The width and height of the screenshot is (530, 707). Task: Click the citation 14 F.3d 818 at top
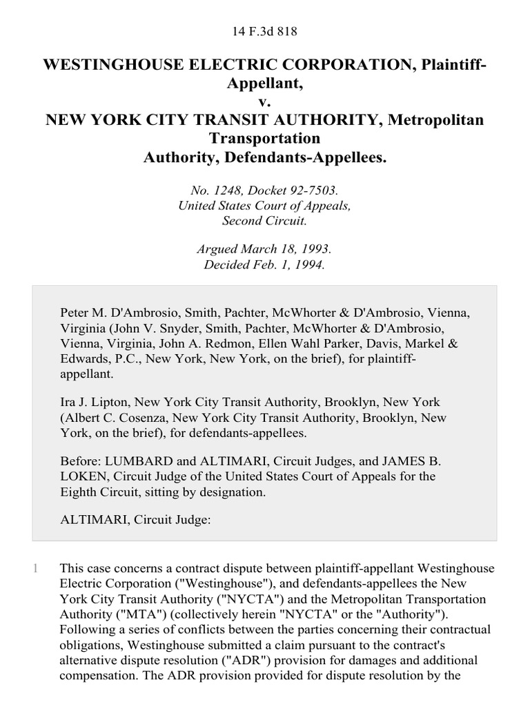coord(265,31)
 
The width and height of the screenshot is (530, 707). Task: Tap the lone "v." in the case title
coord(265,101)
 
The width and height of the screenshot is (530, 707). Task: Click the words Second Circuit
coord(265,221)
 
